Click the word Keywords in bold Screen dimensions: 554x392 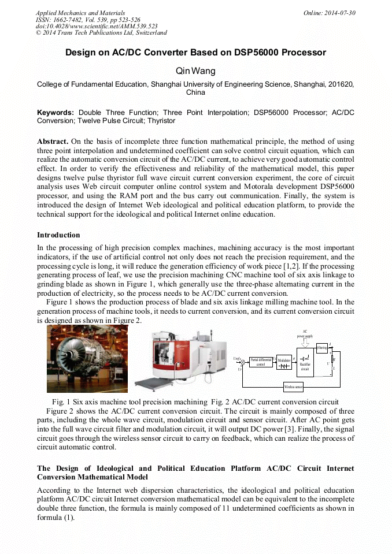click(56, 113)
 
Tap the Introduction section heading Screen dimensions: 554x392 click(58, 235)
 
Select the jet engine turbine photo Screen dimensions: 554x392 click(87, 358)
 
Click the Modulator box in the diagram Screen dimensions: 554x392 click(284, 362)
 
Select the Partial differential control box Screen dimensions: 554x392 click(260, 362)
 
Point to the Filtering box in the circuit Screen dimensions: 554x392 click(322, 347)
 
